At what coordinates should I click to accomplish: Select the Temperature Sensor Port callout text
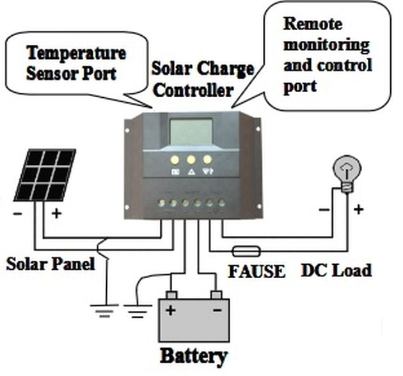point(75,62)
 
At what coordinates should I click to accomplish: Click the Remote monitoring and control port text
point(326,54)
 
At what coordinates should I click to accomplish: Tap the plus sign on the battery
point(171,312)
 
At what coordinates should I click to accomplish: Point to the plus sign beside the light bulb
point(358,208)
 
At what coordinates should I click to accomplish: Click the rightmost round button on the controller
point(207,160)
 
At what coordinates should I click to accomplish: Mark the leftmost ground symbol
point(102,311)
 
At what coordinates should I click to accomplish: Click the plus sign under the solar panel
point(56,214)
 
